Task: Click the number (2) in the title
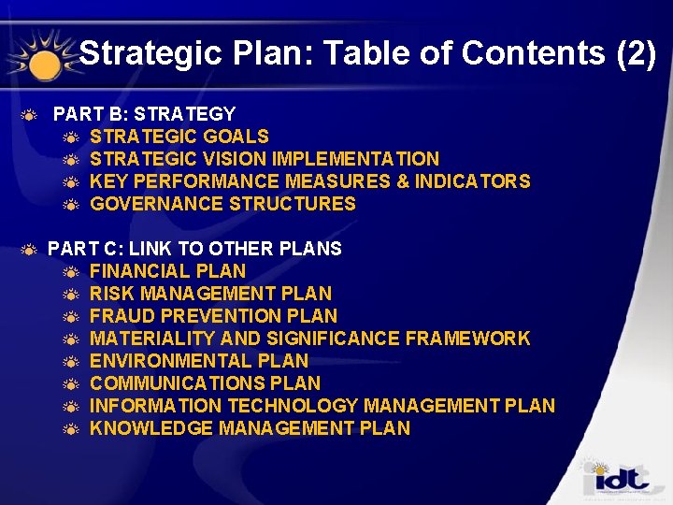637,54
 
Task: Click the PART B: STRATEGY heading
144,114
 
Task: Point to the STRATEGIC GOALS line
179,137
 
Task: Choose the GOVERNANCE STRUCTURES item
222,204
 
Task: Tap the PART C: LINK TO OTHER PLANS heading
194,249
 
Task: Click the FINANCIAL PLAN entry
167,271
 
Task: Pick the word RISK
111,294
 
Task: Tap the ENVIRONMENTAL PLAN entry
198,361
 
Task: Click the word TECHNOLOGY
293,406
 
